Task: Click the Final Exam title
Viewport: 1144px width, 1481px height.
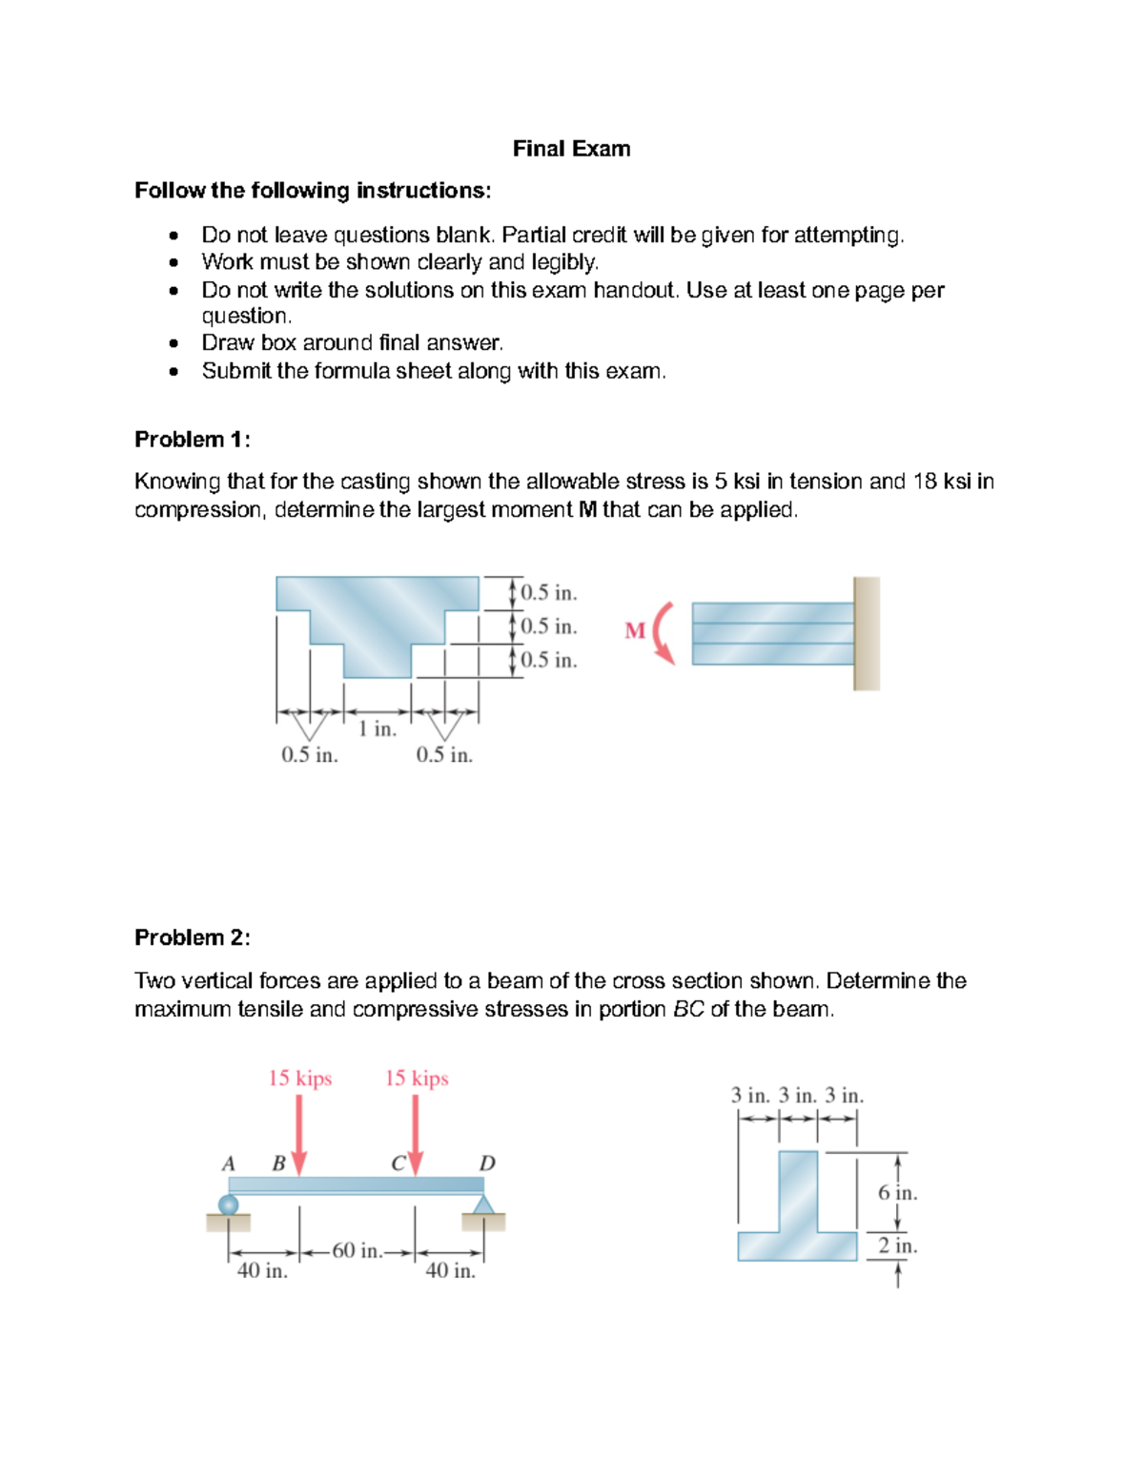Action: [x=571, y=149]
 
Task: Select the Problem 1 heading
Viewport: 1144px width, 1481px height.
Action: [x=192, y=440]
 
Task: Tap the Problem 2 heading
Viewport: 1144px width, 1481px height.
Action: [x=192, y=938]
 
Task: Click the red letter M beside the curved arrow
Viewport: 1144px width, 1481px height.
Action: [x=635, y=630]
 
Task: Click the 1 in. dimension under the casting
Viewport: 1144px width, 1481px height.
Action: [x=378, y=730]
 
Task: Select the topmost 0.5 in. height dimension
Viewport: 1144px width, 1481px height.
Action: [x=548, y=593]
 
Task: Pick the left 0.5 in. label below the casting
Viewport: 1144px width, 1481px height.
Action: [x=310, y=755]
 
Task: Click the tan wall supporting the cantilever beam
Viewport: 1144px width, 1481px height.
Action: [x=866, y=633]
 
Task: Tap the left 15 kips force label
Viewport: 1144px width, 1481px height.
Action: [x=299, y=1079]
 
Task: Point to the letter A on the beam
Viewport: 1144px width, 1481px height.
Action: [x=229, y=1163]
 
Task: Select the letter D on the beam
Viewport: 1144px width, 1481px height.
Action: [x=487, y=1163]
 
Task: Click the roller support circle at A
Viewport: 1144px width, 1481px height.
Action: [x=229, y=1204]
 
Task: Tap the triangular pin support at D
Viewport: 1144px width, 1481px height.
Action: [x=483, y=1206]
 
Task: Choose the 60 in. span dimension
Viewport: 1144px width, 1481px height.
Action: [x=357, y=1251]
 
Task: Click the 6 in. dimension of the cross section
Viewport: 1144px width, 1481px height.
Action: [x=897, y=1193]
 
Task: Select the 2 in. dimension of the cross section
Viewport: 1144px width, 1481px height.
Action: [x=897, y=1245]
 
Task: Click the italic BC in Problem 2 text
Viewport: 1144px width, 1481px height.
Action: [x=687, y=1010]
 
